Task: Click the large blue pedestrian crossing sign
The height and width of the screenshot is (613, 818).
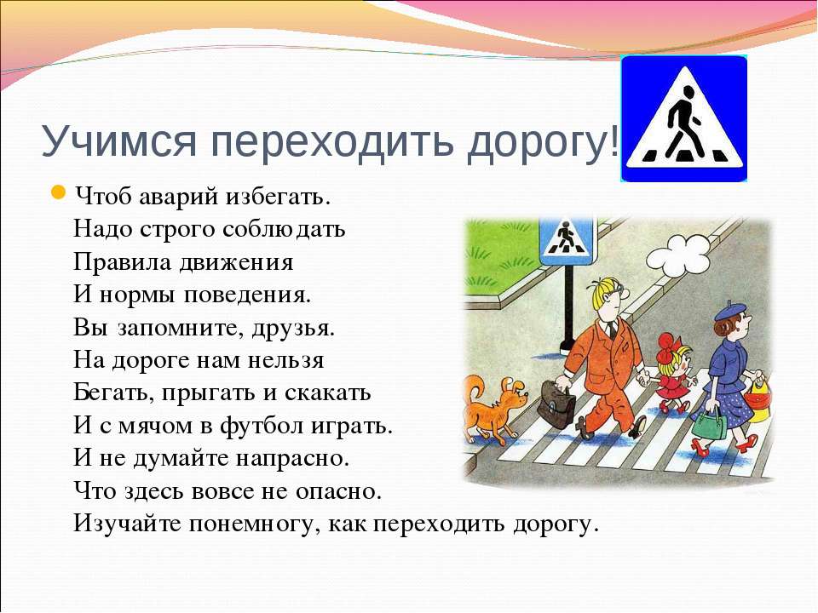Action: click(684, 118)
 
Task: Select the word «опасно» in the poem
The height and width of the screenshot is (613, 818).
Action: click(336, 491)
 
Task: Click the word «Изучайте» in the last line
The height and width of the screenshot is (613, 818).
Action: click(128, 524)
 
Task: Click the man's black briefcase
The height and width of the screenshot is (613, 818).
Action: click(556, 404)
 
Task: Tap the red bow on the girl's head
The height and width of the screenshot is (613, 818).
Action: click(666, 347)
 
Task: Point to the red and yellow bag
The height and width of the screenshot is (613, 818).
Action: click(757, 399)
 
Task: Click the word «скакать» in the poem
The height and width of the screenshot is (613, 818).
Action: click(327, 393)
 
